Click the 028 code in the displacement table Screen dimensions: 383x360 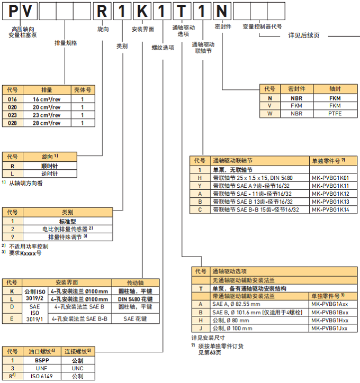pyautogui.click(x=13, y=123)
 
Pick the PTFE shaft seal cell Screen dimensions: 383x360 pyautogui.click(x=335, y=114)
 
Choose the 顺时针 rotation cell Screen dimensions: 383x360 pyautogui.click(x=49, y=165)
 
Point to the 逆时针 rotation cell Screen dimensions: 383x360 pyautogui.click(x=49, y=174)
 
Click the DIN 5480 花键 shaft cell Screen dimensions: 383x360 pyautogui.click(x=134, y=299)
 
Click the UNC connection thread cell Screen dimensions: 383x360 pyautogui.click(x=77, y=368)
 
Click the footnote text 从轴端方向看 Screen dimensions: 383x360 pyautogui.click(x=26, y=183)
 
